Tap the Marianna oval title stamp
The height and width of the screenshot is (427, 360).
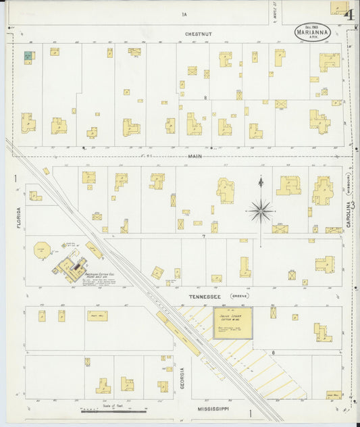[x=312, y=32]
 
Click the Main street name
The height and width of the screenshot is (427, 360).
[x=195, y=157]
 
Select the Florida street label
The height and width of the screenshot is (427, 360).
[x=19, y=217]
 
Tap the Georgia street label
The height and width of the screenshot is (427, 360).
[x=182, y=378]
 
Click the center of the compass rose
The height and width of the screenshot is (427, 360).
[x=261, y=211]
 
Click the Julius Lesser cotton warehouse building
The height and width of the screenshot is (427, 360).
[x=232, y=323]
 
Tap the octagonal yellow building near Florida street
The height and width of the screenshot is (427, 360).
[x=42, y=250]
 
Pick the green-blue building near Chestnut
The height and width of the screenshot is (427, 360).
[x=28, y=57]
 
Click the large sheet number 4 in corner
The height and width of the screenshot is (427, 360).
[x=349, y=14]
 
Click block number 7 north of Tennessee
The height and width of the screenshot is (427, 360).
[x=203, y=236]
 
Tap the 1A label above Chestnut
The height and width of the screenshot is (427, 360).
[x=184, y=14]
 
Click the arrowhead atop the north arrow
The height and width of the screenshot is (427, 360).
[x=261, y=179]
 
